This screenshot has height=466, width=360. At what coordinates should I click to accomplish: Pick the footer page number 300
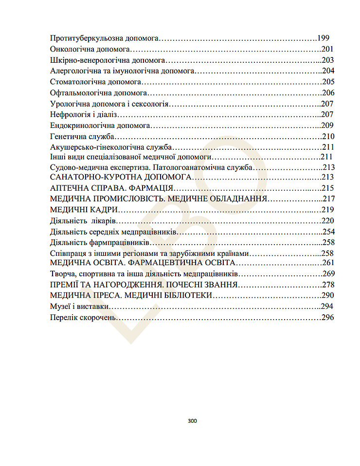192,421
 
